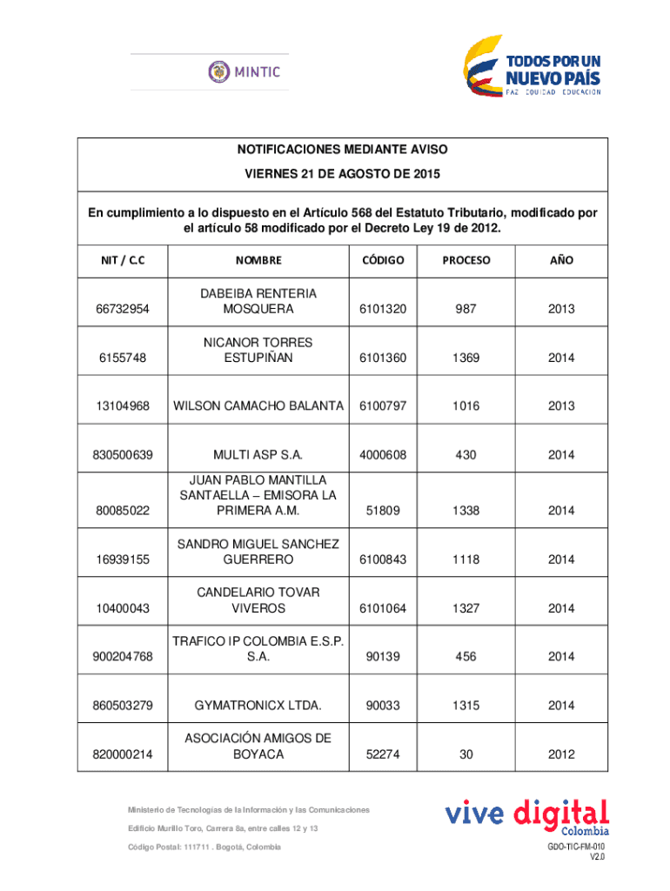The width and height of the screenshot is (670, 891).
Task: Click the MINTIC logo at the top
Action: point(244,71)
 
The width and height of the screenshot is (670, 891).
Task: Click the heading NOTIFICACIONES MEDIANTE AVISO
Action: point(342,151)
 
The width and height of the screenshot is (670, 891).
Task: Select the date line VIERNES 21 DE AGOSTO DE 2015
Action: point(342,174)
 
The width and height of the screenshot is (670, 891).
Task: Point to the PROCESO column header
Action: point(466,260)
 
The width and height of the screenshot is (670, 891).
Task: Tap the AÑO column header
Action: point(560,260)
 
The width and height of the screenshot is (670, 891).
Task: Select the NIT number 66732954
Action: point(123,310)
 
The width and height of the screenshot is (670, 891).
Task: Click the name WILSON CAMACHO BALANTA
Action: point(258,406)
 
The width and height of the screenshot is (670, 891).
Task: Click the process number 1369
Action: point(466,358)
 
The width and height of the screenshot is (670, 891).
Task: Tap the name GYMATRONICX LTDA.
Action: point(258,706)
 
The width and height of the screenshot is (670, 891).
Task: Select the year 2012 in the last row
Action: point(560,754)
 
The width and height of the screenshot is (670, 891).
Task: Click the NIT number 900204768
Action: point(123,657)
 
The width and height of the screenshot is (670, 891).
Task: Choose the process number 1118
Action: point(466,559)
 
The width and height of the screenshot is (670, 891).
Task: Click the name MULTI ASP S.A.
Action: point(258,455)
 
